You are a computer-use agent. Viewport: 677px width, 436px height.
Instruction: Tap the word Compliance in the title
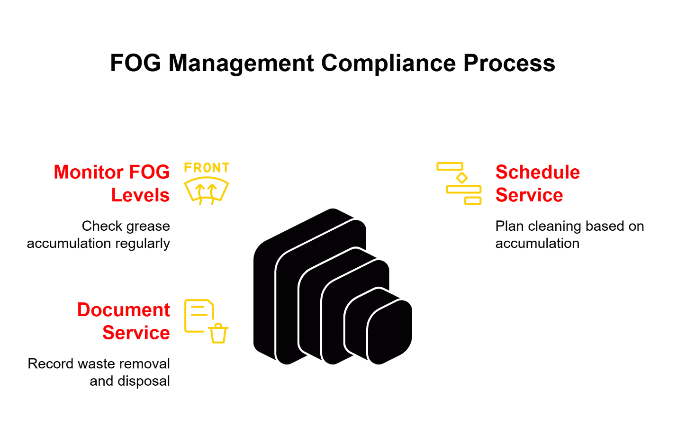tap(388, 63)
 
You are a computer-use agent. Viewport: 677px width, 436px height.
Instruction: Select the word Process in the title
tap(509, 63)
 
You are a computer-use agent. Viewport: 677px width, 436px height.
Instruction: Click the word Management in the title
tap(241, 63)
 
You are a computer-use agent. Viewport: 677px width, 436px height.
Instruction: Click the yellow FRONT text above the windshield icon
tap(207, 168)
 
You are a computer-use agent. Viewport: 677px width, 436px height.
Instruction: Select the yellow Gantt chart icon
tap(459, 183)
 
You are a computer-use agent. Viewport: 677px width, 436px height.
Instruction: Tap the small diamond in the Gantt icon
tap(461, 178)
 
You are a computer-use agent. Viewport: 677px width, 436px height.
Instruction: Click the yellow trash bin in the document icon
tap(218, 333)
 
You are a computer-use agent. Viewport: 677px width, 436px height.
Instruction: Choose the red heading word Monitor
tap(88, 172)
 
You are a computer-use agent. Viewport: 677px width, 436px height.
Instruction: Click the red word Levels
tap(140, 195)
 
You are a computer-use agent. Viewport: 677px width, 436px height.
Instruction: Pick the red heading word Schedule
tap(538, 172)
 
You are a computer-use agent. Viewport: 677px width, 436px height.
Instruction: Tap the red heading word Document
tap(124, 310)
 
